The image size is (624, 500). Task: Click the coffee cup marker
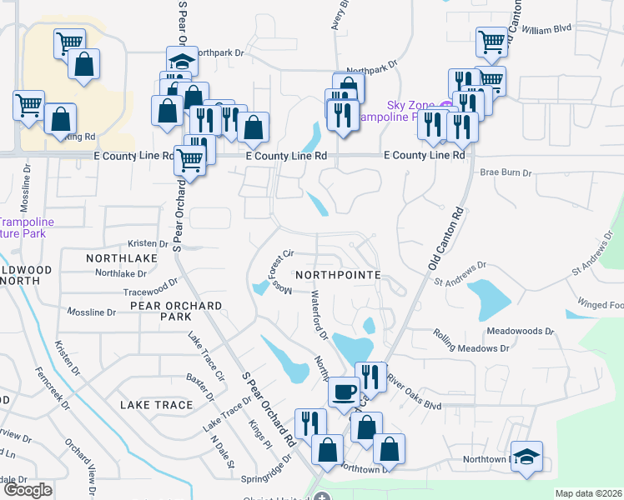pos(344,391)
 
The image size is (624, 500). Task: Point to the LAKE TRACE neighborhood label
pos(157,405)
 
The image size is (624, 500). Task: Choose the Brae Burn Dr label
pos(506,172)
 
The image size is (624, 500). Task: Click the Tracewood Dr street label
pos(151,288)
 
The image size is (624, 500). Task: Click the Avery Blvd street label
pos(337,15)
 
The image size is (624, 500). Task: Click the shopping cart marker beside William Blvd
pos(492,41)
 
